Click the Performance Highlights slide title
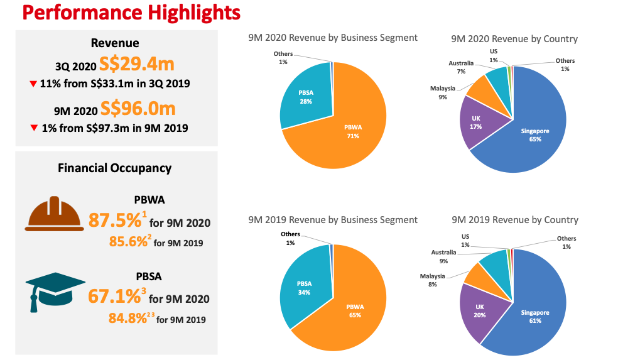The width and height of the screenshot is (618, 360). pyautogui.click(x=122, y=12)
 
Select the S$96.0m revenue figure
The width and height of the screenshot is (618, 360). pyautogui.click(x=138, y=109)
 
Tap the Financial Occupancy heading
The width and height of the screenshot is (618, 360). pyautogui.click(x=114, y=168)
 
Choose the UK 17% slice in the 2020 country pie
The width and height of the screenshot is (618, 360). pyautogui.click(x=475, y=122)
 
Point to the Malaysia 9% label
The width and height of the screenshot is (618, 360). pyautogui.click(x=442, y=92)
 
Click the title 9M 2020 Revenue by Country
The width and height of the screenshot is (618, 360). pyautogui.click(x=514, y=39)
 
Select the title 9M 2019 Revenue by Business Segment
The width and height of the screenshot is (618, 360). pyautogui.click(x=333, y=220)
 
